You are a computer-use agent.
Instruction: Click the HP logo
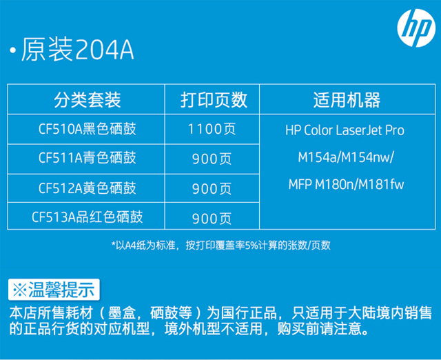click(x=416, y=28)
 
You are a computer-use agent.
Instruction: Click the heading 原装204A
click(x=77, y=50)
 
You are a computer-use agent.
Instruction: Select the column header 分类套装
click(x=88, y=100)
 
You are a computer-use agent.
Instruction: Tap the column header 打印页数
click(x=214, y=100)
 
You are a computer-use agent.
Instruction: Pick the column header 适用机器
click(x=347, y=100)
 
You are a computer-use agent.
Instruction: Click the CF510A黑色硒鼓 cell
click(x=88, y=129)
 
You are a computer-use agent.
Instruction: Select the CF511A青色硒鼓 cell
click(x=88, y=158)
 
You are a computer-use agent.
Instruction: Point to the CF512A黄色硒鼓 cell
click(x=88, y=188)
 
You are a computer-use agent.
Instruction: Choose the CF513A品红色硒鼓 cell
click(x=88, y=217)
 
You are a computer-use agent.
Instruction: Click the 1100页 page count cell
click(x=212, y=129)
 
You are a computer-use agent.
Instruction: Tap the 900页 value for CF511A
click(x=212, y=159)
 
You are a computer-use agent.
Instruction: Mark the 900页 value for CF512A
click(x=212, y=188)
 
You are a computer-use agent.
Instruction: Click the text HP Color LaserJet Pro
click(x=345, y=130)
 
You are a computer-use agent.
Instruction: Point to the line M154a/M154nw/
click(x=346, y=157)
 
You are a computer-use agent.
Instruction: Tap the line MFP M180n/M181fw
click(x=346, y=184)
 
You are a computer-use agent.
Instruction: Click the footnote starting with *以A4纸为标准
click(x=221, y=246)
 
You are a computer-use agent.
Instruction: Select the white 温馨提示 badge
click(x=54, y=290)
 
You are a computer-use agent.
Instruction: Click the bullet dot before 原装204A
click(x=12, y=50)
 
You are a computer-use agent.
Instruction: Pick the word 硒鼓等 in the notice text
click(x=171, y=312)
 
